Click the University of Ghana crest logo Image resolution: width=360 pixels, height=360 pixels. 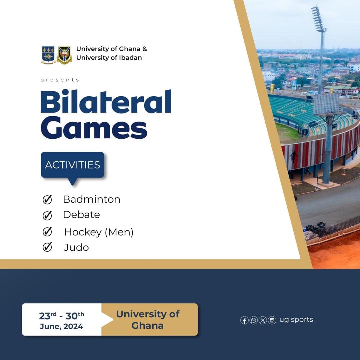(x=48, y=55)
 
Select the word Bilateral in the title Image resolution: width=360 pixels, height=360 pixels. (x=106, y=101)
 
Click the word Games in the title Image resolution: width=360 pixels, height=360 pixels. (x=94, y=128)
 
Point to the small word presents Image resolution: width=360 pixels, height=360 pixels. (x=60, y=80)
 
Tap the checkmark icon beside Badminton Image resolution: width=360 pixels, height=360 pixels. (x=47, y=199)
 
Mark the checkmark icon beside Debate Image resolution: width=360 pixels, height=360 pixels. (x=47, y=215)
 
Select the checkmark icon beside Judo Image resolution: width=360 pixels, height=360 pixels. (x=47, y=247)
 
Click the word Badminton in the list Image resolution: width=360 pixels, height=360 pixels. (x=92, y=199)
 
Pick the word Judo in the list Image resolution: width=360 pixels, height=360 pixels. (x=76, y=247)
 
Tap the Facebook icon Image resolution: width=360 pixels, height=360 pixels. (x=244, y=320)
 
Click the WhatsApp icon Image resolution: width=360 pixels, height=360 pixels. (x=253, y=320)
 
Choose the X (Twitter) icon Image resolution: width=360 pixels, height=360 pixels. (x=263, y=320)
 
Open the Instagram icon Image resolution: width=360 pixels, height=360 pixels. (x=272, y=320)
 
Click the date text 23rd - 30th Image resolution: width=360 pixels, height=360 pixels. (x=62, y=316)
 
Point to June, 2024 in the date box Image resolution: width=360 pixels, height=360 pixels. (x=62, y=326)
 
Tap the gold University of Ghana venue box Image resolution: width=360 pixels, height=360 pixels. (x=149, y=319)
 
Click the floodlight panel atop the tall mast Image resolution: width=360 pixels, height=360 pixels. (x=319, y=19)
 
